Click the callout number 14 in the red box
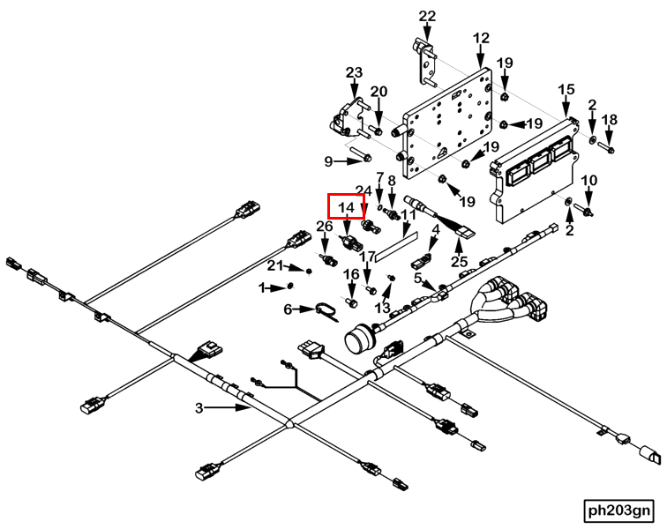coord(346,207)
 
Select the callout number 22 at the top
coord(427,16)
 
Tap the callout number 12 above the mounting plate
coord(481,38)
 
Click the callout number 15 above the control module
coord(566,89)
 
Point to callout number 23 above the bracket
coord(354,72)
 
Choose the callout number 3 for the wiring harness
coord(199,407)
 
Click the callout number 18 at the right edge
coord(609,119)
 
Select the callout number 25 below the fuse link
coord(460,262)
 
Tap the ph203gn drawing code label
coord(620,510)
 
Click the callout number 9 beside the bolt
coord(328,161)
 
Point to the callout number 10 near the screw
coord(589,181)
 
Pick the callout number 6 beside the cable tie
coord(288,309)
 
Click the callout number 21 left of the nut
coord(274,267)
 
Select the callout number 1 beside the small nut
coord(262,287)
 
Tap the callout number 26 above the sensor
coord(325,227)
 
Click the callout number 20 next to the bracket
coord(378,92)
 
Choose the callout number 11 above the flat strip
coord(408,214)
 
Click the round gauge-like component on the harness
coord(361,339)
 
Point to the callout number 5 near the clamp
coord(418,278)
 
